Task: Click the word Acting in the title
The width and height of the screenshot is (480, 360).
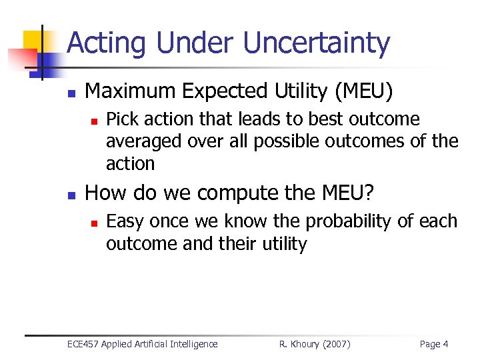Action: (x=107, y=43)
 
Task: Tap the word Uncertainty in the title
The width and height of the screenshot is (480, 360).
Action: (x=316, y=43)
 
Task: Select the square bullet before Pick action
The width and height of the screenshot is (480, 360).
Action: (x=95, y=121)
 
